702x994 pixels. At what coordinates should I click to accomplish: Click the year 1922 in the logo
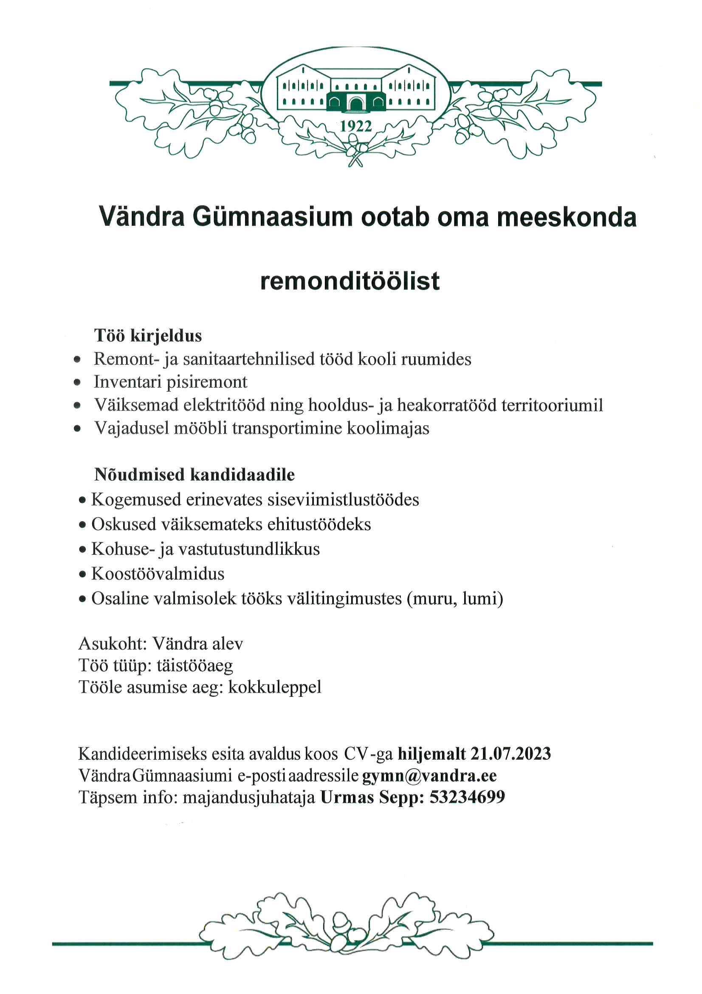[x=356, y=126]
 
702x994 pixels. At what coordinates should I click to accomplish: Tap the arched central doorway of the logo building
[x=356, y=103]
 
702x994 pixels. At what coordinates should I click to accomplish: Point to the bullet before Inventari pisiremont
[x=77, y=383]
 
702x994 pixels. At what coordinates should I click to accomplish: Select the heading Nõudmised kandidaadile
[x=195, y=475]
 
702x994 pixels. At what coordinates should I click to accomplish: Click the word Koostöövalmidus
[x=158, y=574]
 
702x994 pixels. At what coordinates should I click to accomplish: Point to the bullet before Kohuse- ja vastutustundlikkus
[x=83, y=550]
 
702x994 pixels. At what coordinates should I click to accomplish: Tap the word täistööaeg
[x=192, y=665]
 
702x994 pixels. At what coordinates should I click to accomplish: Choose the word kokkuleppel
[x=275, y=687]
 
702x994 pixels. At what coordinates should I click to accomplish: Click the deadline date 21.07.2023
[x=510, y=754]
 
